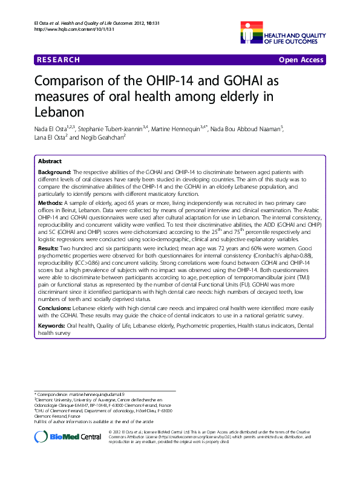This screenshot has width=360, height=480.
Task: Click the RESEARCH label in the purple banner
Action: [x=58, y=60]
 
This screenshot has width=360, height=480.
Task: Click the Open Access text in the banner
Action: [x=301, y=60]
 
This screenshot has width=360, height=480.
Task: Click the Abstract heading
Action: [x=50, y=162]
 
